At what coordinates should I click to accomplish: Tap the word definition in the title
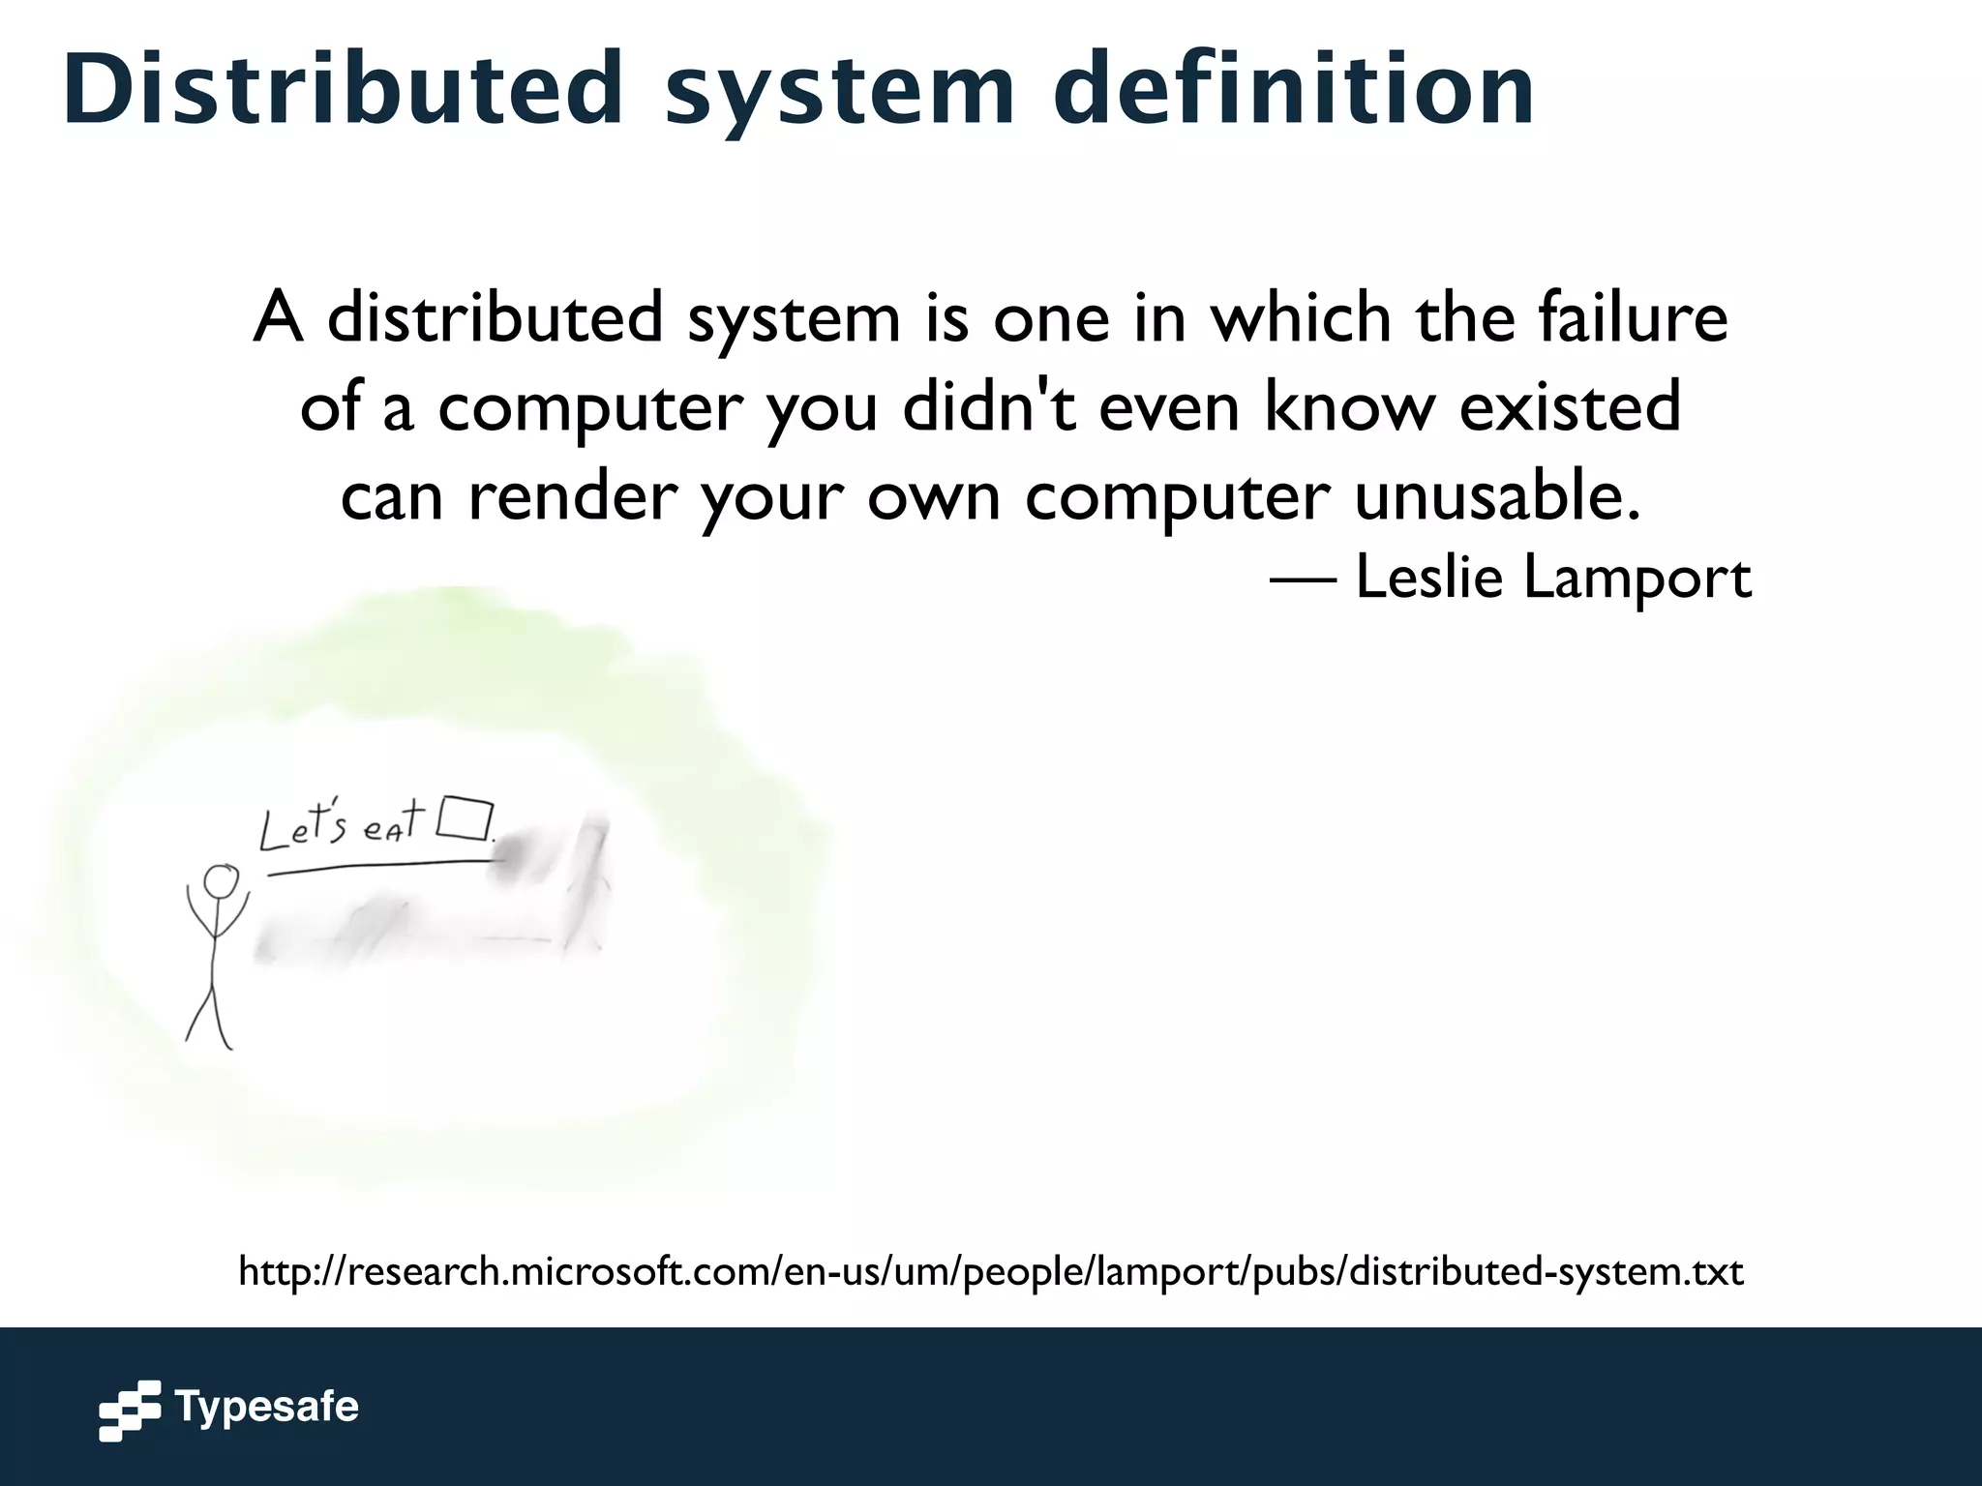click(x=1293, y=89)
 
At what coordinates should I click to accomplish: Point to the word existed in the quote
click(x=1570, y=406)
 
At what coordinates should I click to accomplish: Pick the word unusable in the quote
click(x=1496, y=495)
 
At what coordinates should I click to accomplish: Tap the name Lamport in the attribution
click(x=1637, y=578)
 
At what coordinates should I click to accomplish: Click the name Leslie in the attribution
click(x=1428, y=578)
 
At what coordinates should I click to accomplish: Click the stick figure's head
click(x=221, y=882)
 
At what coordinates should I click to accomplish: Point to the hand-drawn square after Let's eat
click(x=465, y=818)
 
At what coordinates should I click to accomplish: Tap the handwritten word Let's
click(x=302, y=829)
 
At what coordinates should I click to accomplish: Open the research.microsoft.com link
click(x=990, y=1271)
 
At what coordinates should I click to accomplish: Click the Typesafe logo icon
click(x=130, y=1410)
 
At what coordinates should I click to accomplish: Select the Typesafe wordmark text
click(x=266, y=1407)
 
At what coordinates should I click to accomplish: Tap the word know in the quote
click(x=1350, y=406)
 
